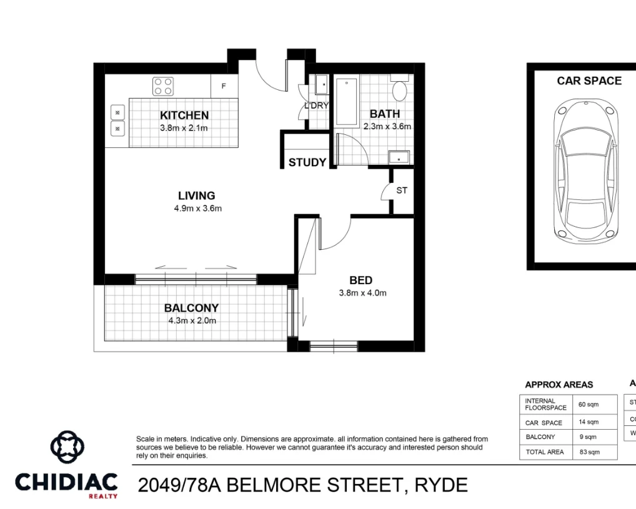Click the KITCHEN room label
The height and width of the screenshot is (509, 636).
tap(184, 115)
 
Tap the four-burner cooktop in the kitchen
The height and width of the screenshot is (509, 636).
tap(164, 86)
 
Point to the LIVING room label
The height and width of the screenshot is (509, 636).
tap(196, 195)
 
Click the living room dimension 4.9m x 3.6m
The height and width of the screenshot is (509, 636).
tap(197, 209)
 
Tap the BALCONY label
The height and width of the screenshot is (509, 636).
tap(191, 308)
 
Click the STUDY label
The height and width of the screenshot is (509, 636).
tap(307, 162)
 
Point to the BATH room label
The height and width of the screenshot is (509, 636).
tap(385, 114)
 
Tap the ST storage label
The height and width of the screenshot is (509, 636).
tap(402, 190)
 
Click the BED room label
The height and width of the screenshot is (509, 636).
tap(361, 280)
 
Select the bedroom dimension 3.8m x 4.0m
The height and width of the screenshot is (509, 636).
tap(362, 293)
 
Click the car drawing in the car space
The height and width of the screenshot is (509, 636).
tap(585, 170)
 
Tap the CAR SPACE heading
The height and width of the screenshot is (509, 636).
tap(589, 81)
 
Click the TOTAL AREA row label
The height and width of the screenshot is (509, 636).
tap(545, 452)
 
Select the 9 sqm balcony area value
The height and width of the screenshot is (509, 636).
tap(588, 437)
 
